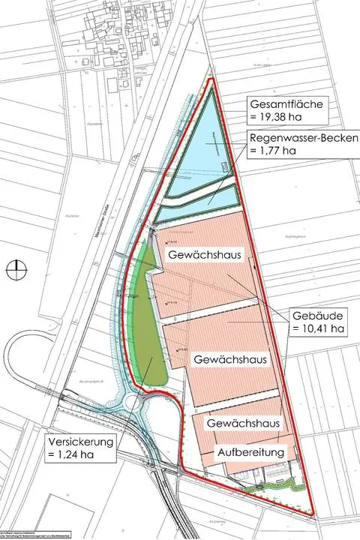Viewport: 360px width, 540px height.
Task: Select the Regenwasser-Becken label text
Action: click(x=295, y=139)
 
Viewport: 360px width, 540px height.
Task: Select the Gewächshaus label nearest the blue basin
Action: click(x=204, y=256)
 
